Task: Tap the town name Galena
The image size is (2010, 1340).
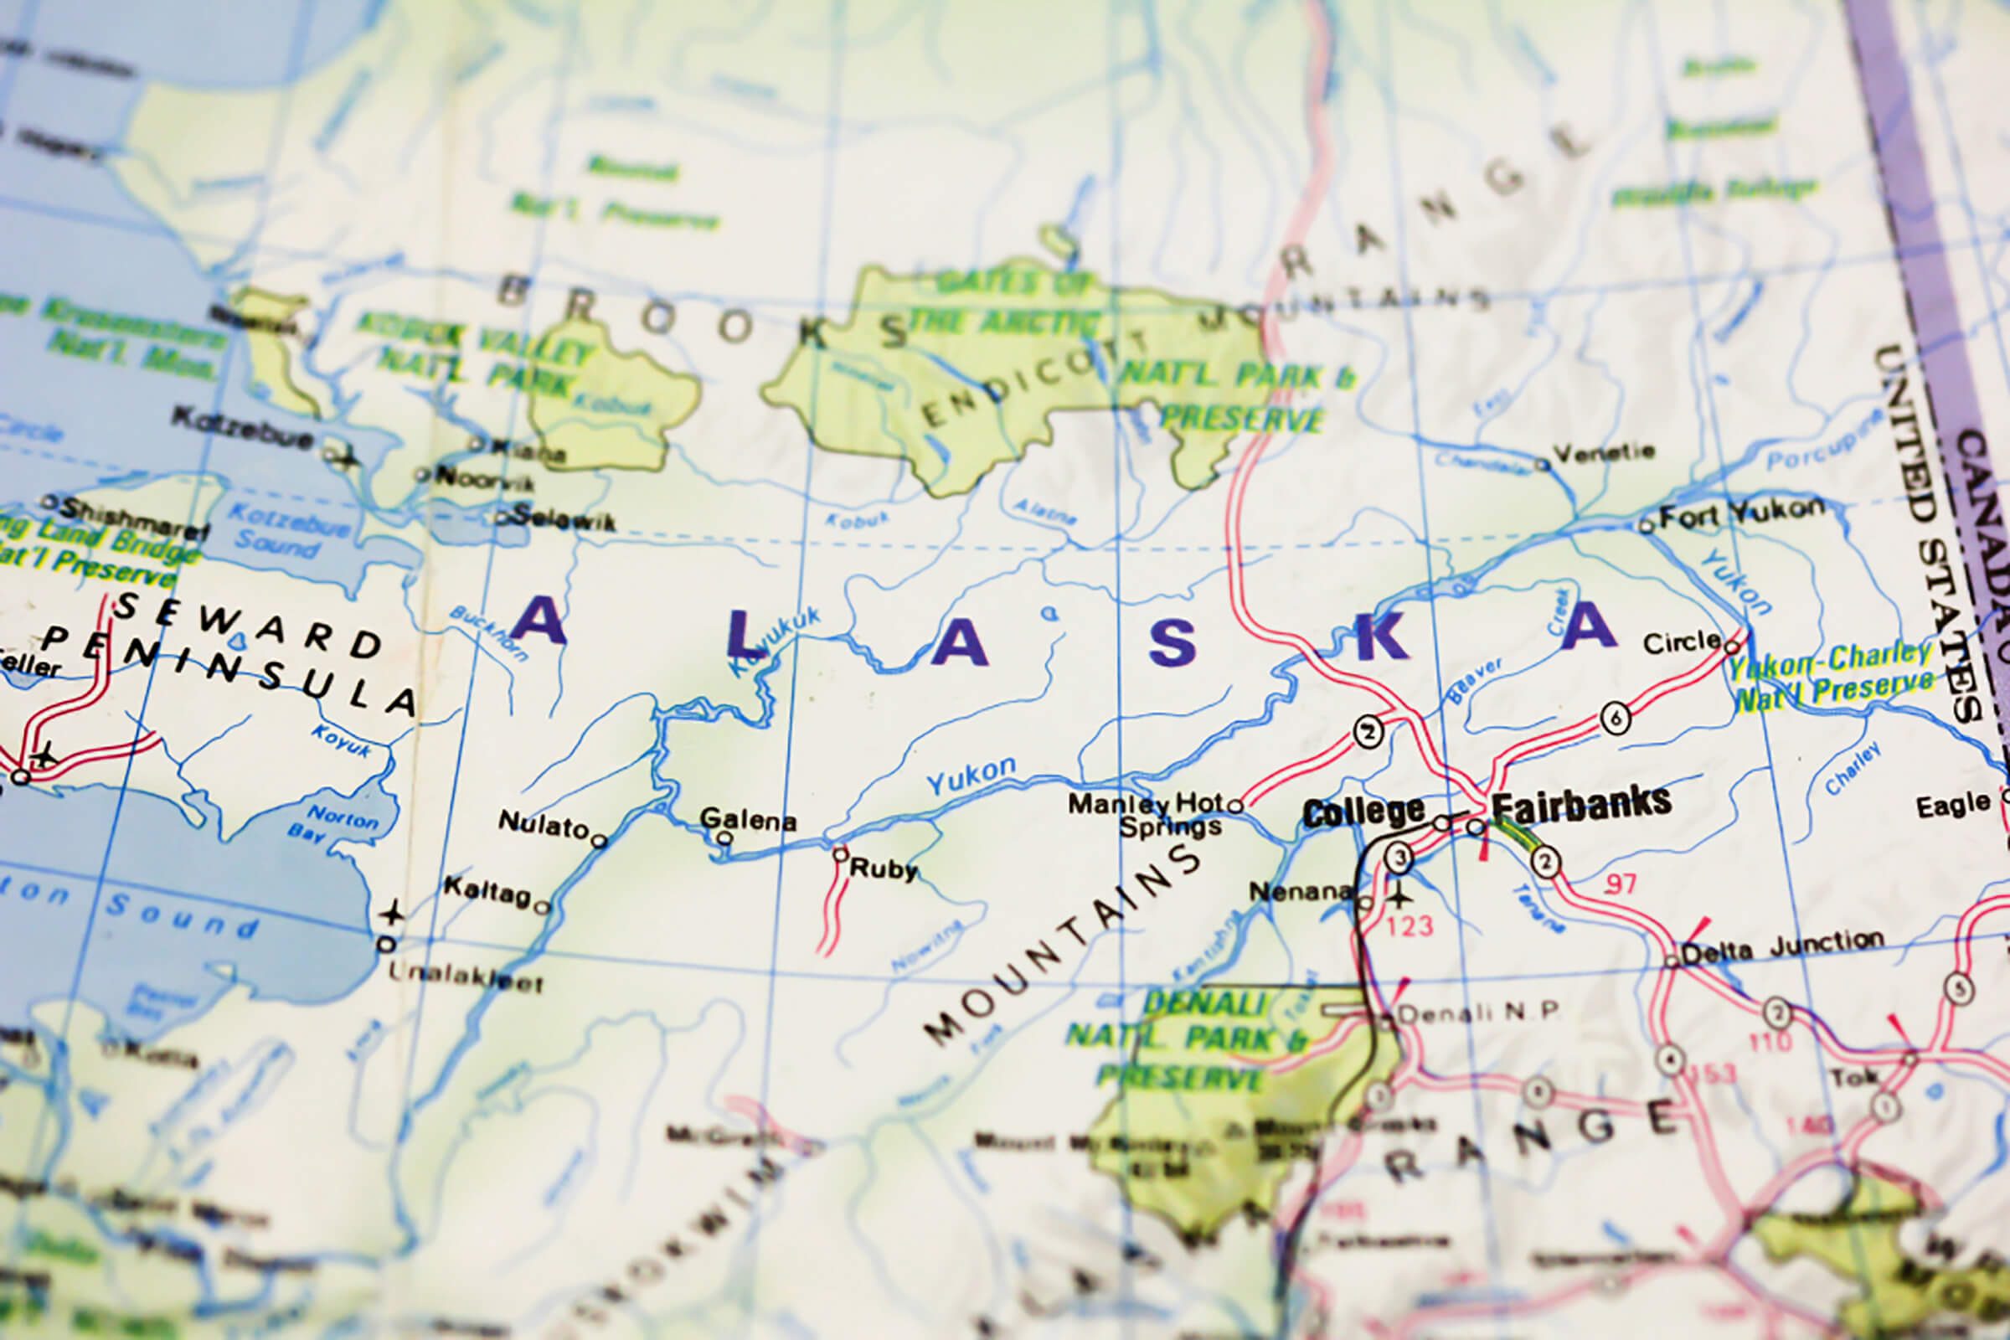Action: (x=748, y=821)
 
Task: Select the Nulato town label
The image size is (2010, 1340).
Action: (x=543, y=825)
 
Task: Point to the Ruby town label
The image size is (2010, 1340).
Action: (x=883, y=869)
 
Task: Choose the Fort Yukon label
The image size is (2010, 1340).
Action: (x=1741, y=513)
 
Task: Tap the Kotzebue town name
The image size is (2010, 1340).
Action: (x=243, y=428)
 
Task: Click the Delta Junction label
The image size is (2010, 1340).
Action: (x=1782, y=948)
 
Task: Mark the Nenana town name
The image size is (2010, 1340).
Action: (x=1300, y=891)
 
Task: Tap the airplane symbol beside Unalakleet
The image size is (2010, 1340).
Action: (x=392, y=913)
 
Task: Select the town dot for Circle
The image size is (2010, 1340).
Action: (x=1732, y=645)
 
